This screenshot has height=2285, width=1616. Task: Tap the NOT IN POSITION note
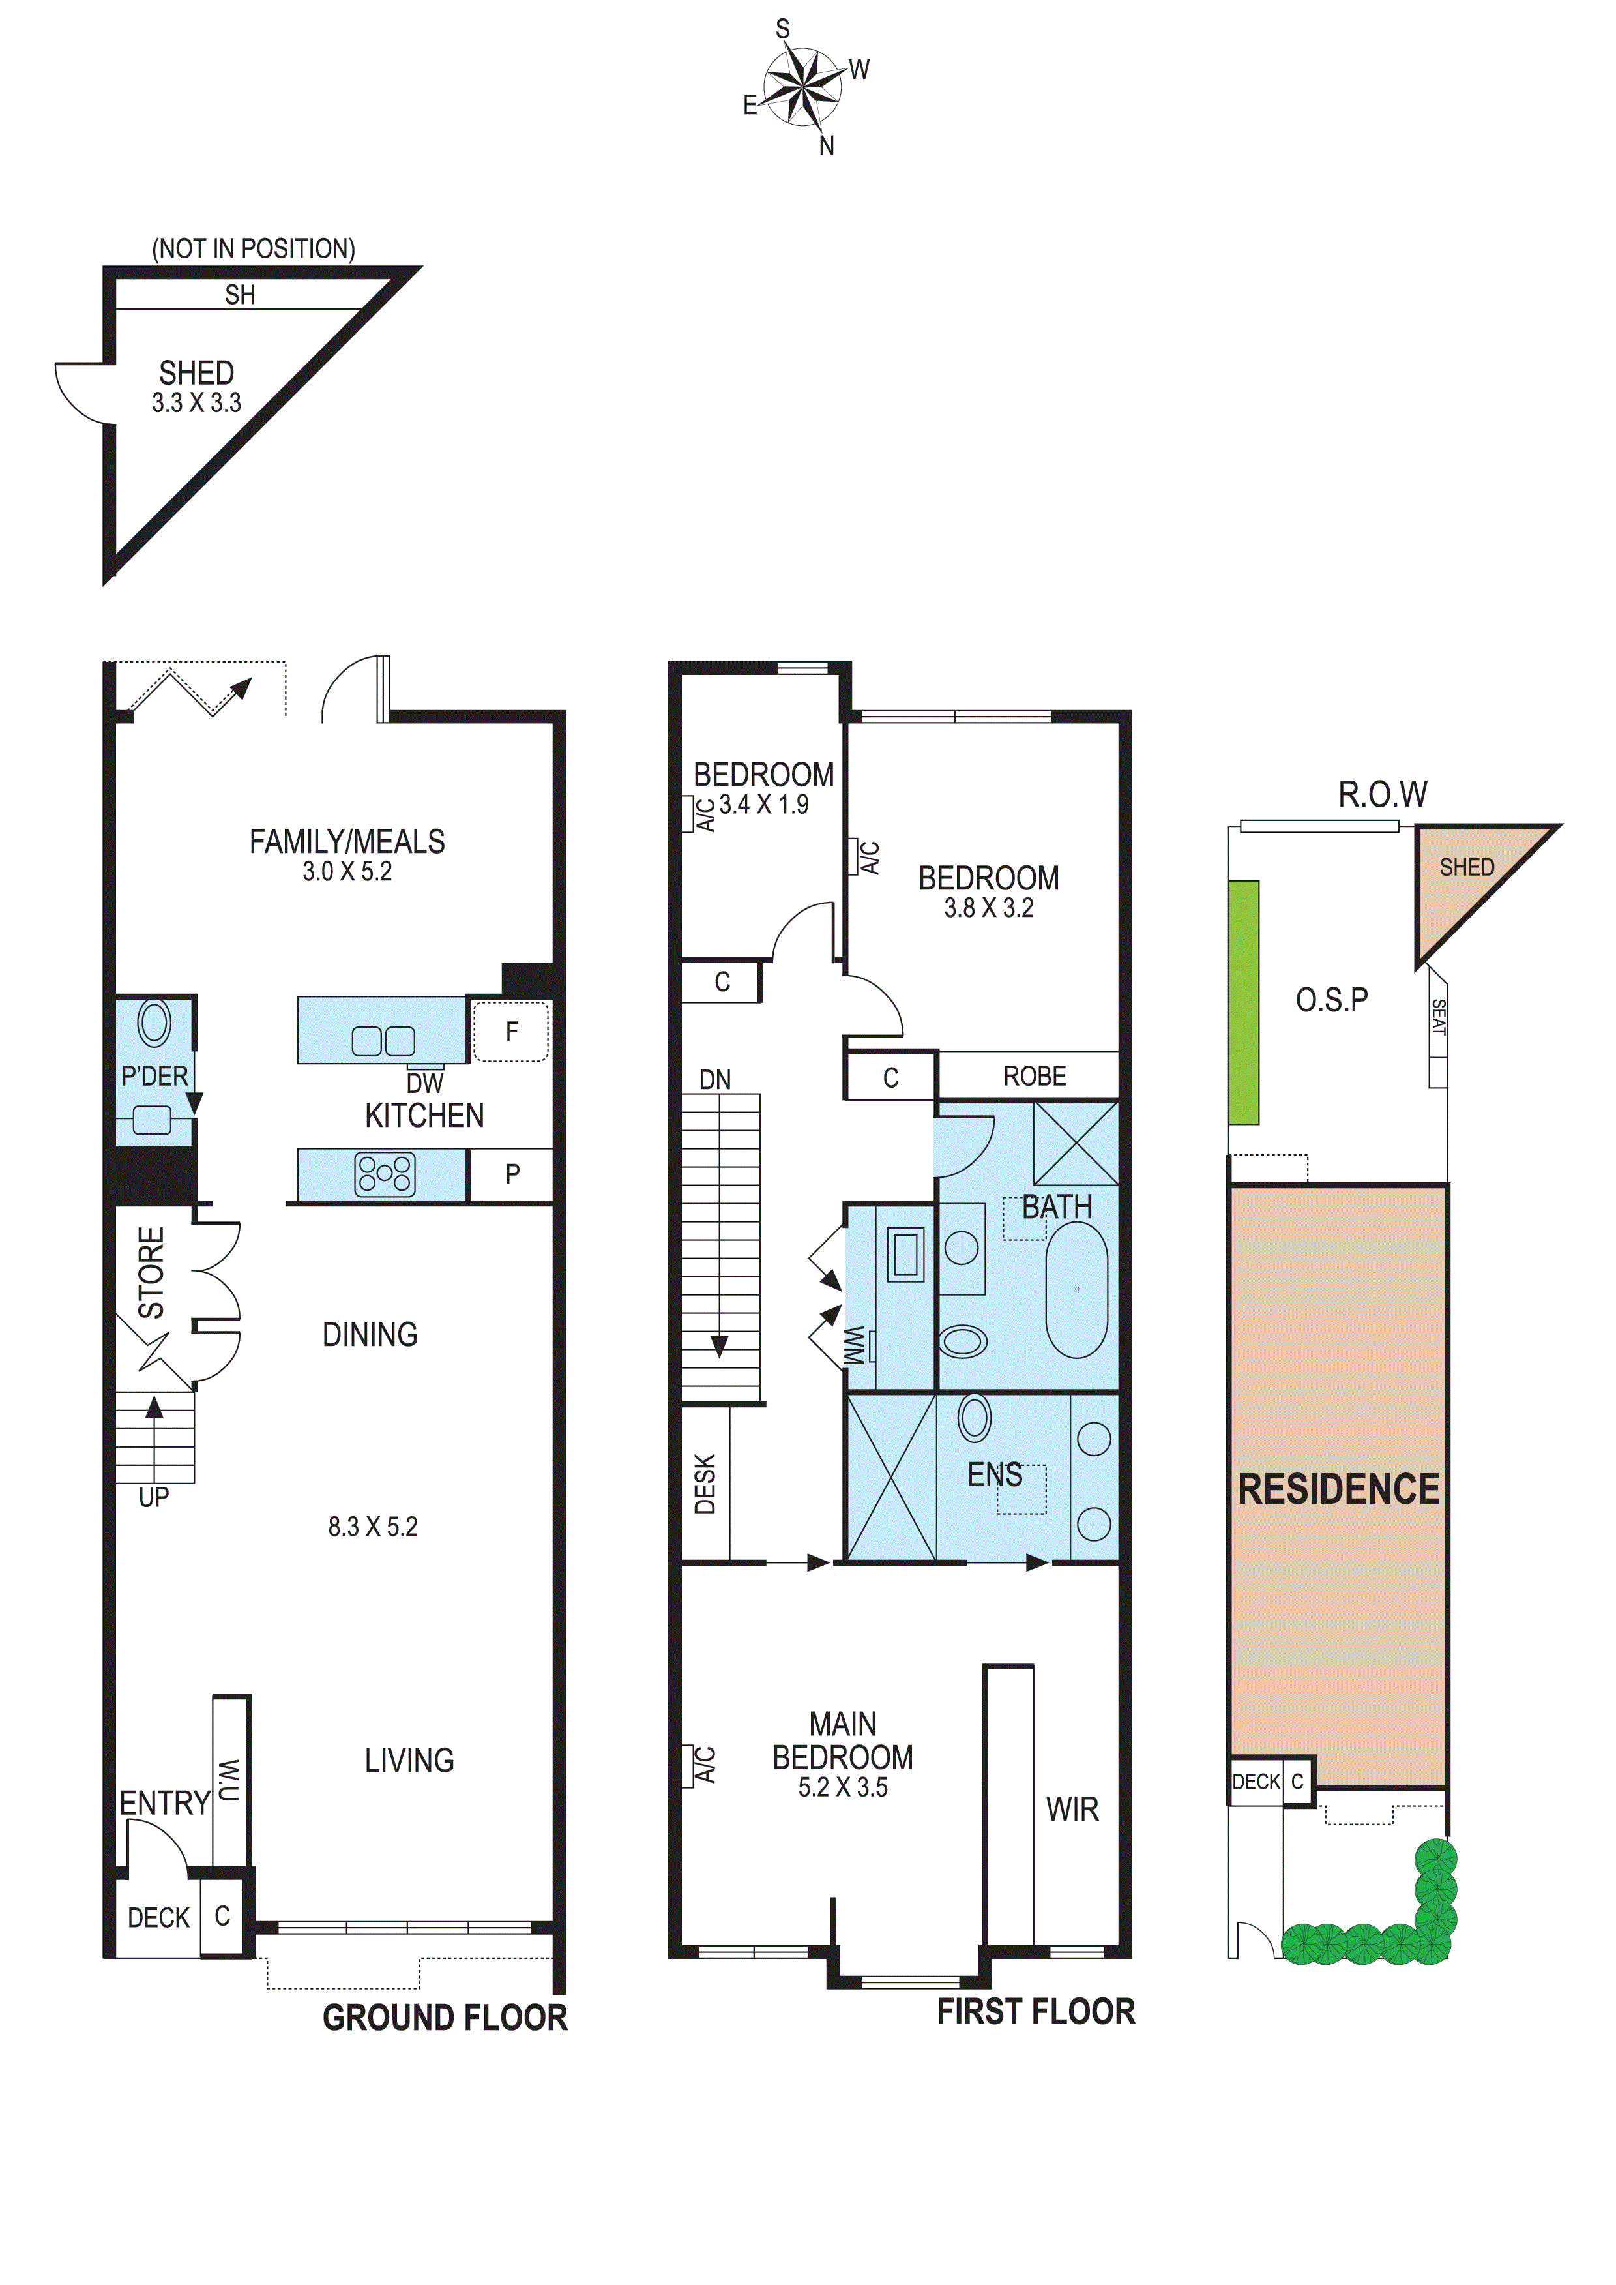[x=253, y=249]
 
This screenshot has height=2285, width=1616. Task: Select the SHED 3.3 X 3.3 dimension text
[x=196, y=403]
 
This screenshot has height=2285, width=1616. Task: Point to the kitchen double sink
[x=383, y=1041]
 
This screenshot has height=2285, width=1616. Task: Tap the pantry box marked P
[x=512, y=1174]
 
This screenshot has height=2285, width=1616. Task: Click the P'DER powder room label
[x=154, y=1076]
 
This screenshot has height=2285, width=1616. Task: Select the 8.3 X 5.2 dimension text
[x=372, y=1527]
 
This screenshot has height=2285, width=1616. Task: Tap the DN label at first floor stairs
[x=714, y=1080]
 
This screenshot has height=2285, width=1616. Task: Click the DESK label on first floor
[x=705, y=1484]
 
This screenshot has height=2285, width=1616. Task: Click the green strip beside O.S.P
[x=1243, y=1002]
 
